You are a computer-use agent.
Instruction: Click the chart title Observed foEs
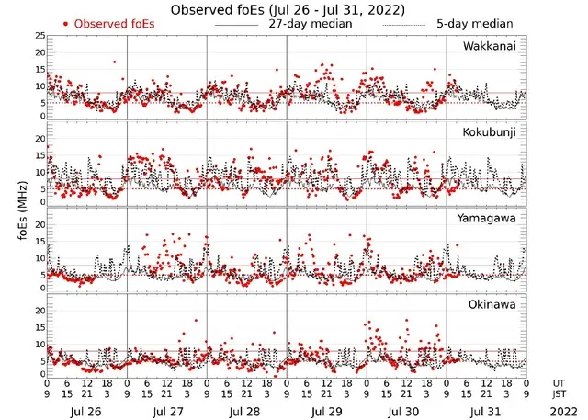coord(293,8)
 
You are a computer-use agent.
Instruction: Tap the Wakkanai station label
coord(490,46)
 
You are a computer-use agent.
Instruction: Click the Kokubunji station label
coord(490,132)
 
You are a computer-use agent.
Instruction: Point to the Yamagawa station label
coord(489,219)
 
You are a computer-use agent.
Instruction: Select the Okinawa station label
coord(492,304)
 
